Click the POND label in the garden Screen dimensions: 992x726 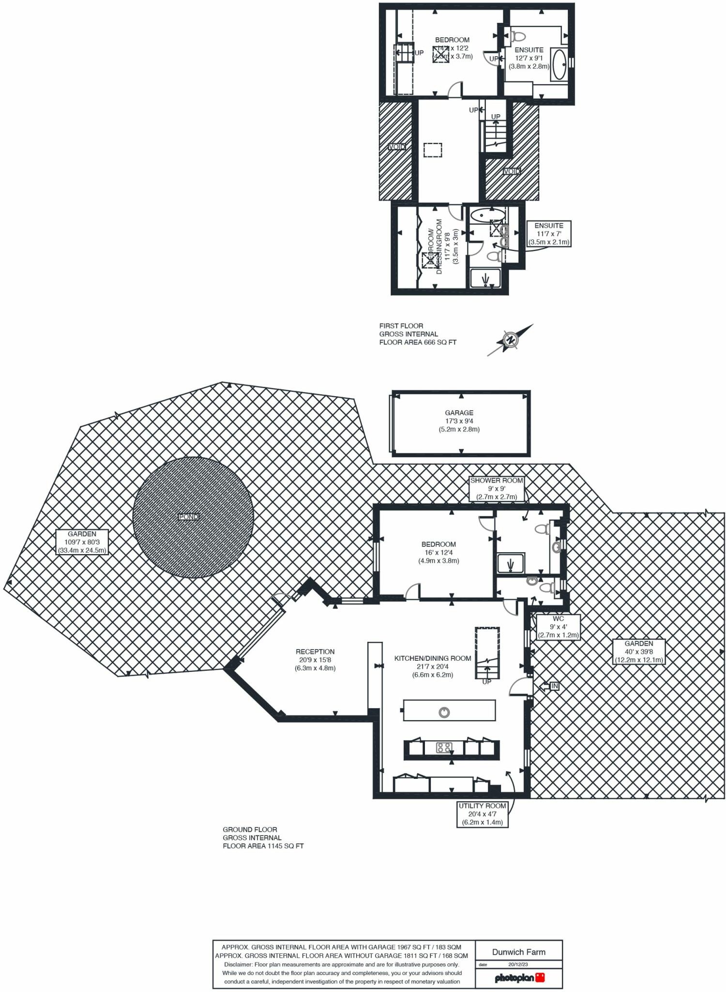188,517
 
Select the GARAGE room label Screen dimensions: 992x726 459,413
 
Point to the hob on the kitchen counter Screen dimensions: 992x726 444,747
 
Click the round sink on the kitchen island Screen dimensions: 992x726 444,712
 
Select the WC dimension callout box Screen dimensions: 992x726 558,627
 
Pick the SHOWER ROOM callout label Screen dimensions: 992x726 497,480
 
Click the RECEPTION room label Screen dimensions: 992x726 315,651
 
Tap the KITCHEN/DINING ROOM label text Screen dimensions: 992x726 433,658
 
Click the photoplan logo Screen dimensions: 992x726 519,977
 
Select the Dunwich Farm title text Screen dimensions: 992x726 518,952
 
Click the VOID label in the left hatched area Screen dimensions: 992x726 397,146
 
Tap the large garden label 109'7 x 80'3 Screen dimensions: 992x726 82,542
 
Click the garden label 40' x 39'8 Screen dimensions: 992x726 639,651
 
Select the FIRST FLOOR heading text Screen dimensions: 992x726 401,326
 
